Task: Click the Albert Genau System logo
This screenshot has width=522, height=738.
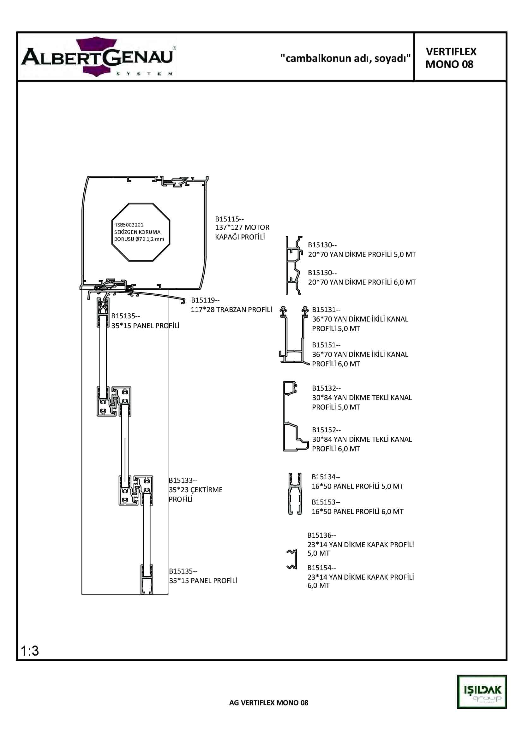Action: coord(98,57)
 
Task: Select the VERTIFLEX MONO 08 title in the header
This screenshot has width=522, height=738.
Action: coord(451,58)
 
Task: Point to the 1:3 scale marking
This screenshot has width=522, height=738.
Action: coord(30,651)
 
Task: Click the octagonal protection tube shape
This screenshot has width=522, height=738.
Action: coord(141,232)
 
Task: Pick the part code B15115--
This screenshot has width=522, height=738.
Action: coord(229,219)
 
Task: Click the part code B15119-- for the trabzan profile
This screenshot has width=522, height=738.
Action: coord(205,300)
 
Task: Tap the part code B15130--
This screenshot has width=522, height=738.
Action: coord(322,245)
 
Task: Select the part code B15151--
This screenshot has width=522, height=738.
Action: coord(326,345)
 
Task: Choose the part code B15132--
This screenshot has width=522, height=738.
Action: coord(326,388)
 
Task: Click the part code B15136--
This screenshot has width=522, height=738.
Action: coord(321,535)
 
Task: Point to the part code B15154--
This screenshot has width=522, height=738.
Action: coord(321,568)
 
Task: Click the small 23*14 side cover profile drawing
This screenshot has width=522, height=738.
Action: coord(292,559)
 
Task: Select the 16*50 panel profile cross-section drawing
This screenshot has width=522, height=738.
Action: coord(295,494)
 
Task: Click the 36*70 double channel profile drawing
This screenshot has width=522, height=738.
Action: coord(294,336)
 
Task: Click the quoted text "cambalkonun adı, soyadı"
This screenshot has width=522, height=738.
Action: coord(345,58)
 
